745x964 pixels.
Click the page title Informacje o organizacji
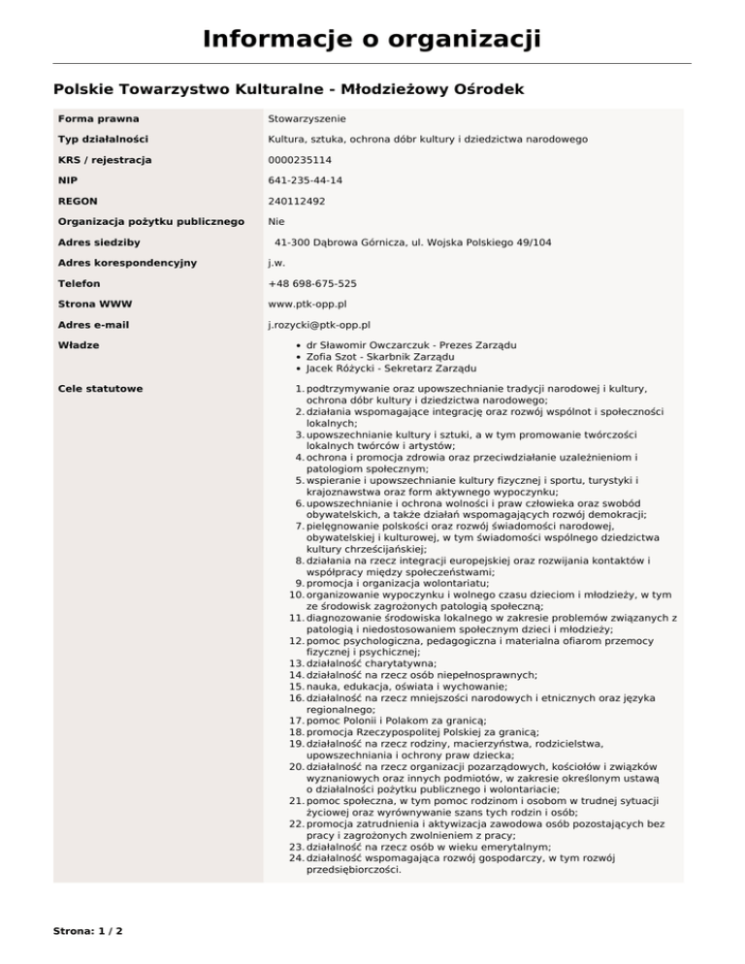coord(372,40)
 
